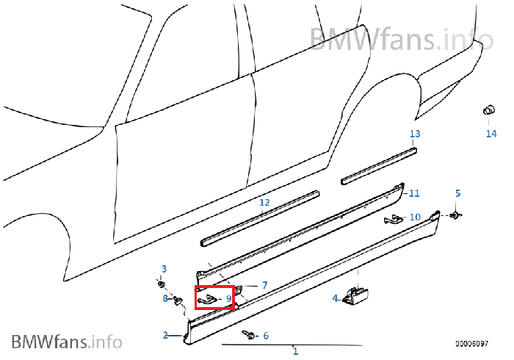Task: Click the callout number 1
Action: click(295, 351)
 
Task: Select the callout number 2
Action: click(165, 335)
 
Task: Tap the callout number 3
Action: click(164, 269)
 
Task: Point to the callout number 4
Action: click(335, 298)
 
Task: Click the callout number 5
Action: click(458, 193)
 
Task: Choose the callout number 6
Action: click(266, 336)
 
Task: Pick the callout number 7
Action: click(265, 285)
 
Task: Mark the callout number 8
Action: click(165, 298)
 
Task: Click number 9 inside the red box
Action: click(229, 299)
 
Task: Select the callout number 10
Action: click(415, 217)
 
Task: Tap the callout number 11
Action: click(414, 193)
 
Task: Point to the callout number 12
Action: click(264, 203)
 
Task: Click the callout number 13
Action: click(415, 134)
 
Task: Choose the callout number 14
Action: click(491, 134)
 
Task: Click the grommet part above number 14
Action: click(489, 109)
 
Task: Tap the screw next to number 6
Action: click(248, 334)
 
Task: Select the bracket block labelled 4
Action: click(355, 296)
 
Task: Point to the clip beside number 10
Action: click(394, 219)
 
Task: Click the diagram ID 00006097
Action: click(471, 344)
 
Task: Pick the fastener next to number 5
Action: click(455, 215)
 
